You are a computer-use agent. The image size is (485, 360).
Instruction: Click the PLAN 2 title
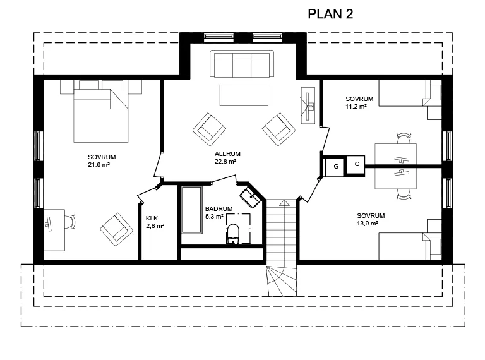point(330,14)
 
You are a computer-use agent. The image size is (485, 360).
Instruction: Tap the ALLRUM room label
point(227,153)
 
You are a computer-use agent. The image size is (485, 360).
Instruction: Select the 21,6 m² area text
point(99,165)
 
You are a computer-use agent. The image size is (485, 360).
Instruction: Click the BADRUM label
point(219,209)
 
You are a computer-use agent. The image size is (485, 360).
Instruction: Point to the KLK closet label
point(152,219)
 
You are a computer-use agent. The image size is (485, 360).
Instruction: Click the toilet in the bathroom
point(233,233)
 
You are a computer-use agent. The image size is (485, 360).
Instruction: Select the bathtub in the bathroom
point(191,210)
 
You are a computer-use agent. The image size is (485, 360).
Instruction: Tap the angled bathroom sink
point(251,197)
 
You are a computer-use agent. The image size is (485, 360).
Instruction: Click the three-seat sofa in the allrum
point(242,64)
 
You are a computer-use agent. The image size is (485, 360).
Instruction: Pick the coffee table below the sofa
point(244,95)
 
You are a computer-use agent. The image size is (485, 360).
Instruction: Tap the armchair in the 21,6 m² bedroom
point(116,229)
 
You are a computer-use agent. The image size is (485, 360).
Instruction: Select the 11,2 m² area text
point(356,107)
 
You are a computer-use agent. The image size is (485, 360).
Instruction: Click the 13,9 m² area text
point(368,224)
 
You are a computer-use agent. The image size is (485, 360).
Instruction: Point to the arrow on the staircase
point(284,203)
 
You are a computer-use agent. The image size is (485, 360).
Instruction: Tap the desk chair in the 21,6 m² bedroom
point(71,222)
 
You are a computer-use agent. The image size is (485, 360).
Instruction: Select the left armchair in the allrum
point(210,129)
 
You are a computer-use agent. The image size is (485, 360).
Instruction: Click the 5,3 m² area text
point(214,217)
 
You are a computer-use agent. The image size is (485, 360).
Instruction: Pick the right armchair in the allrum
point(278,129)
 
